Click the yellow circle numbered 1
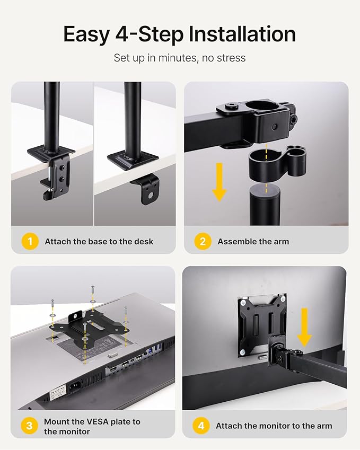tap(30, 242)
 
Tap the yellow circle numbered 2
tap(203, 242)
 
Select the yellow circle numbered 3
tap(30, 426)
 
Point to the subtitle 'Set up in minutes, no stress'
tap(180, 58)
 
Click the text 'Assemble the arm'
tap(253, 242)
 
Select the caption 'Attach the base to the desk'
tap(99, 242)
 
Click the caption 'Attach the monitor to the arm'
tap(274, 426)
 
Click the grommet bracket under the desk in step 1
tap(146, 188)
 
